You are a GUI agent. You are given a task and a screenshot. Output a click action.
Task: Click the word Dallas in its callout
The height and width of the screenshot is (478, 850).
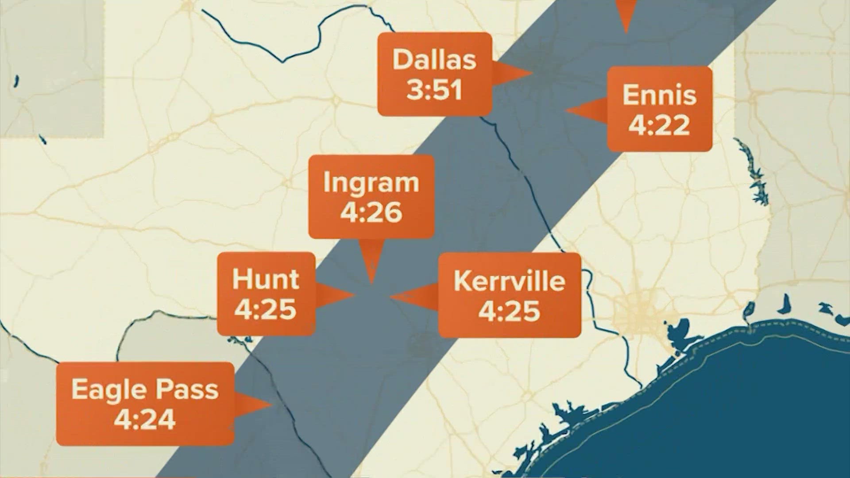click(434, 60)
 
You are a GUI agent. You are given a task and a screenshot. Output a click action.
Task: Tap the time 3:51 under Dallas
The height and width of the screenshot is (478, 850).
click(434, 90)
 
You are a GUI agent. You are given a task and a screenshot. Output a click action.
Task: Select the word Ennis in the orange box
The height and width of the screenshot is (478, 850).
click(659, 95)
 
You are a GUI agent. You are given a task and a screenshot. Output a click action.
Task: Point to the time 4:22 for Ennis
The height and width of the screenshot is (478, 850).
click(659, 125)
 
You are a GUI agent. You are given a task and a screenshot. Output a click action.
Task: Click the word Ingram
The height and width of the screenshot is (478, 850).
click(371, 183)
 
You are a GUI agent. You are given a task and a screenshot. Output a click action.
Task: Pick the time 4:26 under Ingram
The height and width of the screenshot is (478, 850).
click(371, 212)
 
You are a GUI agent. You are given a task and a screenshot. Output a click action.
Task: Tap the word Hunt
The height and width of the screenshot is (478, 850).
click(266, 280)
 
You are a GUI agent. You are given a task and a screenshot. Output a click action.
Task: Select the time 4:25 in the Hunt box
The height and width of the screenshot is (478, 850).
click(266, 309)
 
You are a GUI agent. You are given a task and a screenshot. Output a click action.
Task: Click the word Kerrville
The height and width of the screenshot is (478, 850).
click(509, 281)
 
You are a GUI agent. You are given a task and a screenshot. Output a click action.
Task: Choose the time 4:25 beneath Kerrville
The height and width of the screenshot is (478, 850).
click(509, 311)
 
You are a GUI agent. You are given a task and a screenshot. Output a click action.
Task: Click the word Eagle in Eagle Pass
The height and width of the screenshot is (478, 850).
click(104, 389)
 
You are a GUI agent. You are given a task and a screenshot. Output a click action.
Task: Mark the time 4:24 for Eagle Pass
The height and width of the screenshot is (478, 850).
click(145, 419)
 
